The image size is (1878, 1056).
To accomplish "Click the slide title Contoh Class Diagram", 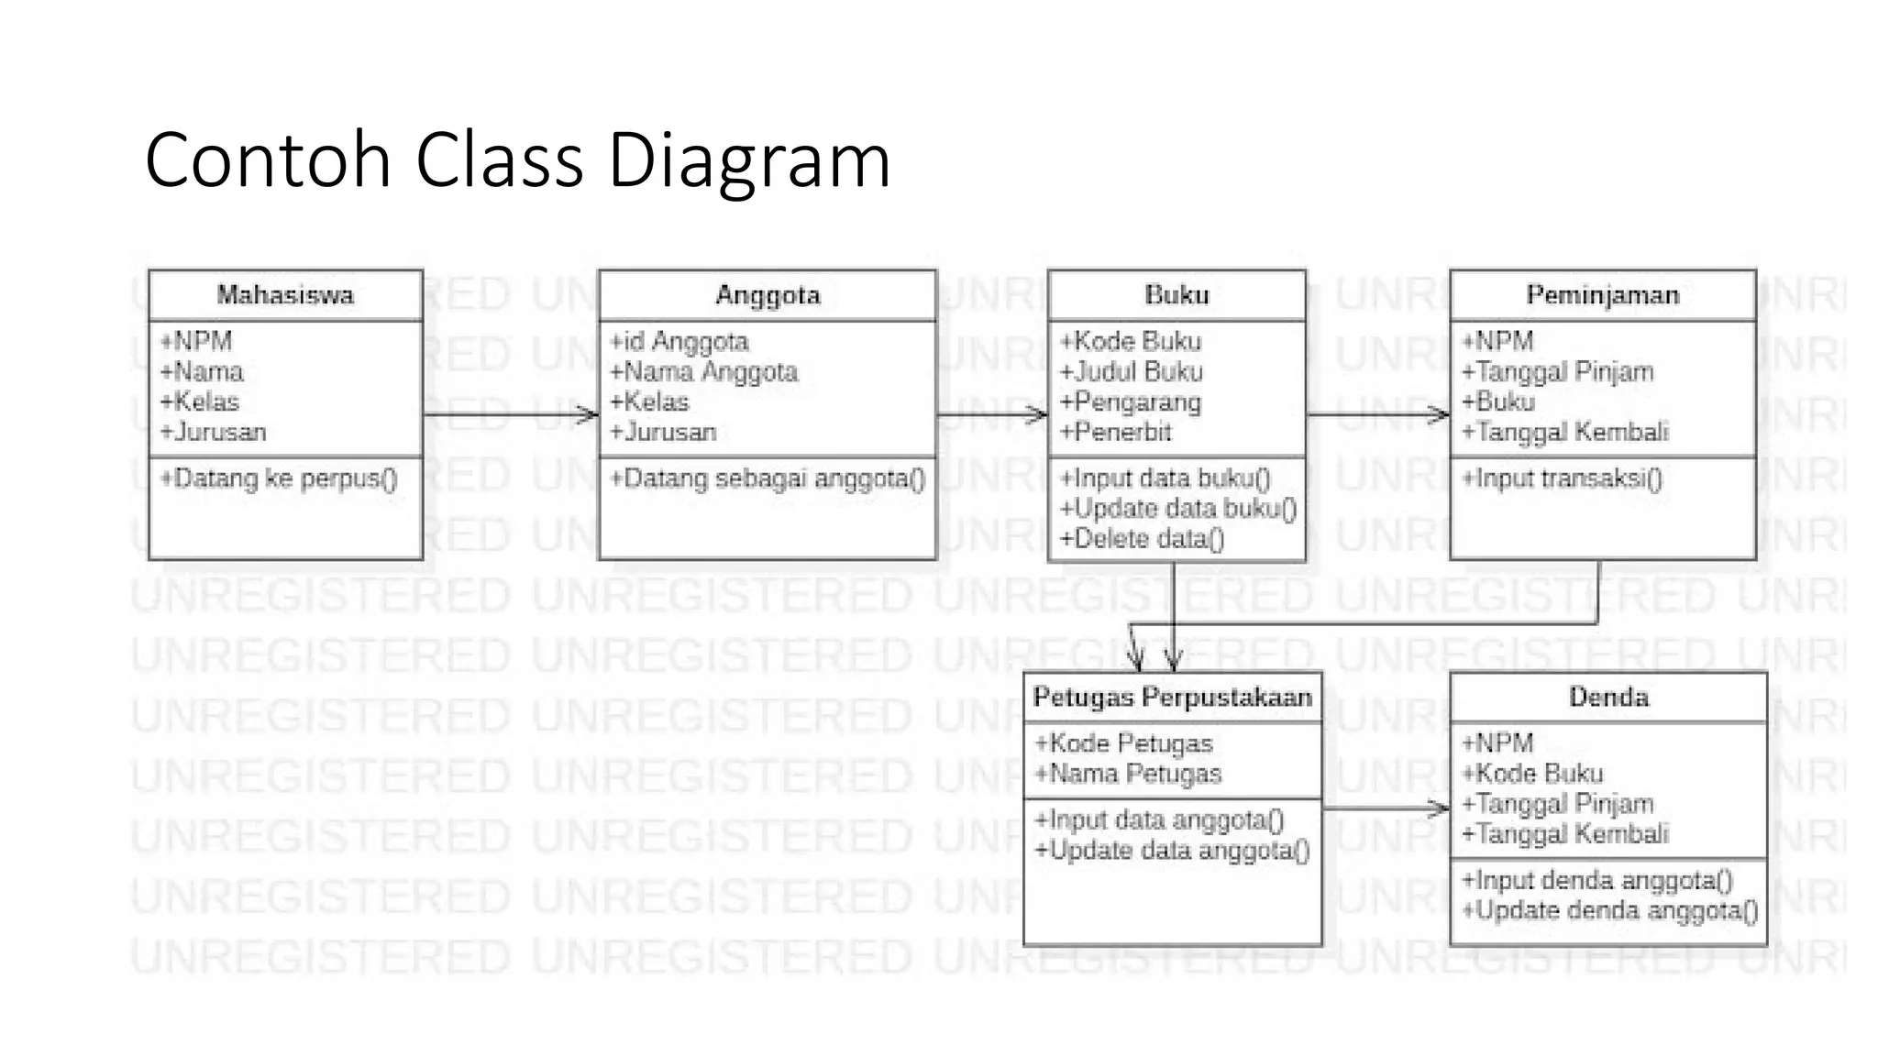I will coord(517,159).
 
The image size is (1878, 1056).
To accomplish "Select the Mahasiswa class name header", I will coord(285,295).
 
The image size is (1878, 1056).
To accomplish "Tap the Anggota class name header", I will coord(768,295).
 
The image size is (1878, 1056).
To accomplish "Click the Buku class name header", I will coord(1177,295).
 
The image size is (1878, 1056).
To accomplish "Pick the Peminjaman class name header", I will coord(1602,295).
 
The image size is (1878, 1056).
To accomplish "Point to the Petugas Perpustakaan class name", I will coord(1172,698).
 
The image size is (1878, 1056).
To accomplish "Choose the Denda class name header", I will coord(1608,698).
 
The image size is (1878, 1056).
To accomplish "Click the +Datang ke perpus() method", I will coord(279,478).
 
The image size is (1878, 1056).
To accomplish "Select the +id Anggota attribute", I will coord(679,342).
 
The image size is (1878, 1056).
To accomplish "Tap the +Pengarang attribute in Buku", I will coord(1130,402).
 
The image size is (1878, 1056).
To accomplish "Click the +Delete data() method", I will coord(1142,539).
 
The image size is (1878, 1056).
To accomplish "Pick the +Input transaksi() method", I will coord(1562,478).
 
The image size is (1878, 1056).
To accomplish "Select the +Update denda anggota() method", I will coord(1609,911).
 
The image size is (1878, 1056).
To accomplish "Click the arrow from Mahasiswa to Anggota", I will coord(510,415).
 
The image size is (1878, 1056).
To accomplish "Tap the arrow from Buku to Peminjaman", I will coord(1376,415).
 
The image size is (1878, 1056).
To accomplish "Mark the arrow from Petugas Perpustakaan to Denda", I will coord(1385,808).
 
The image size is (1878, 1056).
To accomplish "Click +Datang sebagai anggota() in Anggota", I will coord(768,478).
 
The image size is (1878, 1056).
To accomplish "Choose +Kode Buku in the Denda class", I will coord(1531,774).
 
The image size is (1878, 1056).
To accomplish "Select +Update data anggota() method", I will coord(1172,851).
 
